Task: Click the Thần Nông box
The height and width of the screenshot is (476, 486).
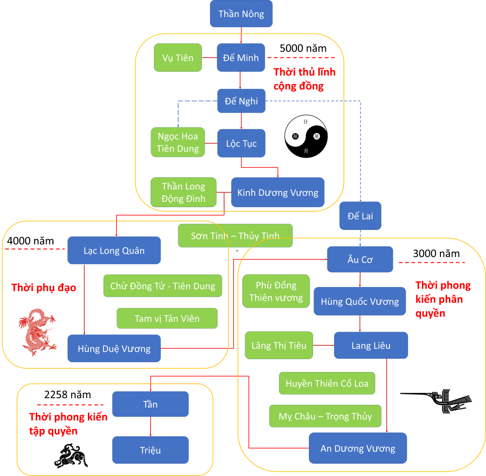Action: pyautogui.click(x=241, y=14)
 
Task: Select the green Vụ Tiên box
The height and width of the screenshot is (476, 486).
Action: pyautogui.click(x=178, y=58)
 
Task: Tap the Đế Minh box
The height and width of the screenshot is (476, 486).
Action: pyautogui.click(x=241, y=58)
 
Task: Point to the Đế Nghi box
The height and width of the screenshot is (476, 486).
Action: pyautogui.click(x=241, y=101)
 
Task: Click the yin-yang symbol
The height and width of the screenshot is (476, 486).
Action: pyautogui.click(x=305, y=136)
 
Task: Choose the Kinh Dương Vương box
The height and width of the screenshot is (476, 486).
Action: pyautogui.click(x=278, y=192)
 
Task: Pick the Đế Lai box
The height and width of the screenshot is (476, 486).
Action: pyautogui.click(x=360, y=216)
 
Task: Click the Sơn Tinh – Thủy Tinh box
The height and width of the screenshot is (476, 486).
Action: pyautogui.click(x=235, y=236)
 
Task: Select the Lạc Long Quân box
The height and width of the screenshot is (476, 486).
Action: pyautogui.click(x=114, y=250)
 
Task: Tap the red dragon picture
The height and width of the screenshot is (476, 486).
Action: pyautogui.click(x=38, y=331)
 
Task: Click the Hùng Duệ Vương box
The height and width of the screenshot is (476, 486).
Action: pyautogui.click(x=114, y=349)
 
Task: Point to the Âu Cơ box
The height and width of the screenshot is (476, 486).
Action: pyautogui.click(x=360, y=259)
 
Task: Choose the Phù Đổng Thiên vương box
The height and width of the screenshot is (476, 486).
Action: pyautogui.click(x=276, y=291)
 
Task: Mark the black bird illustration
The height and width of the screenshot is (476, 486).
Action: pyautogui.click(x=436, y=400)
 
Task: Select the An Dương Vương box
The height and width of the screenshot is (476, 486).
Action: pyautogui.click(x=358, y=448)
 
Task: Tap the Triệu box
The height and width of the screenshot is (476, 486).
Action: pyautogui.click(x=151, y=450)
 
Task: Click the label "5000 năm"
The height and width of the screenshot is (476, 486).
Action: pyautogui.click(x=303, y=48)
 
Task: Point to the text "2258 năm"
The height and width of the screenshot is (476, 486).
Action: pyautogui.click(x=67, y=395)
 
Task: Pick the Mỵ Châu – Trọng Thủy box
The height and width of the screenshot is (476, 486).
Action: pyautogui.click(x=325, y=417)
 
